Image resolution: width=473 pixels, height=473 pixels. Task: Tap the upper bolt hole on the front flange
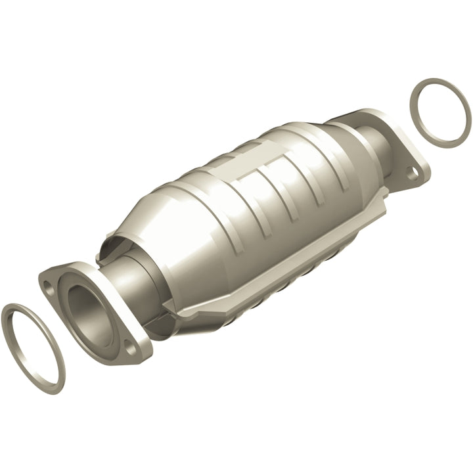[48, 284]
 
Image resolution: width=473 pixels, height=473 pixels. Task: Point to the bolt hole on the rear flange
[412, 173]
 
